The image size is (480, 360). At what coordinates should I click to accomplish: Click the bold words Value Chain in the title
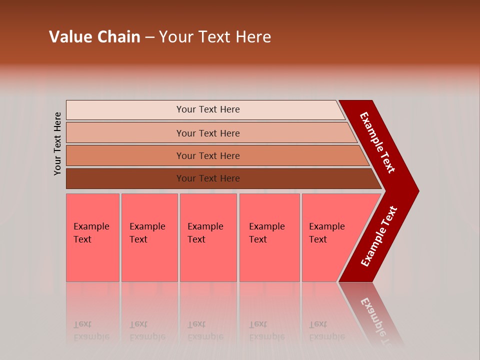(x=94, y=37)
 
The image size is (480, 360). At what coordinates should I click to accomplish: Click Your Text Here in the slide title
(x=215, y=37)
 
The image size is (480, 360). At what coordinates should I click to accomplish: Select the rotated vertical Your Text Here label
(x=58, y=143)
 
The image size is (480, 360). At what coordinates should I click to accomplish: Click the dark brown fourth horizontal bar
(x=125, y=178)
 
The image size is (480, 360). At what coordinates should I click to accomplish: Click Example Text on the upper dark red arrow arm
(x=377, y=142)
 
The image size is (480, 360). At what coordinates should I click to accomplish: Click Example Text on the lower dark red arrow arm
(x=378, y=236)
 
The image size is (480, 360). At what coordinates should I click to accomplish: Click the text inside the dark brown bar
(x=208, y=178)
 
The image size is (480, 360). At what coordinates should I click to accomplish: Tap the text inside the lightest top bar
(x=208, y=109)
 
